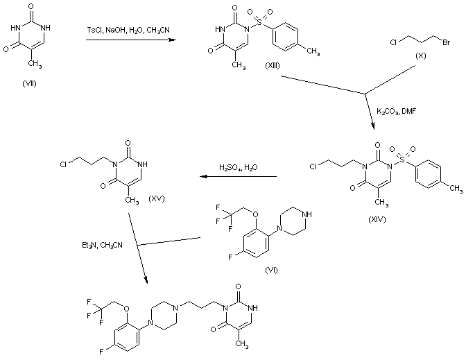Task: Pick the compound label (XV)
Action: point(158,198)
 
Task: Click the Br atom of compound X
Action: point(447,42)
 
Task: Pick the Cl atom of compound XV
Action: point(64,164)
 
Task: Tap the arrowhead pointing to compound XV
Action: point(197,176)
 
